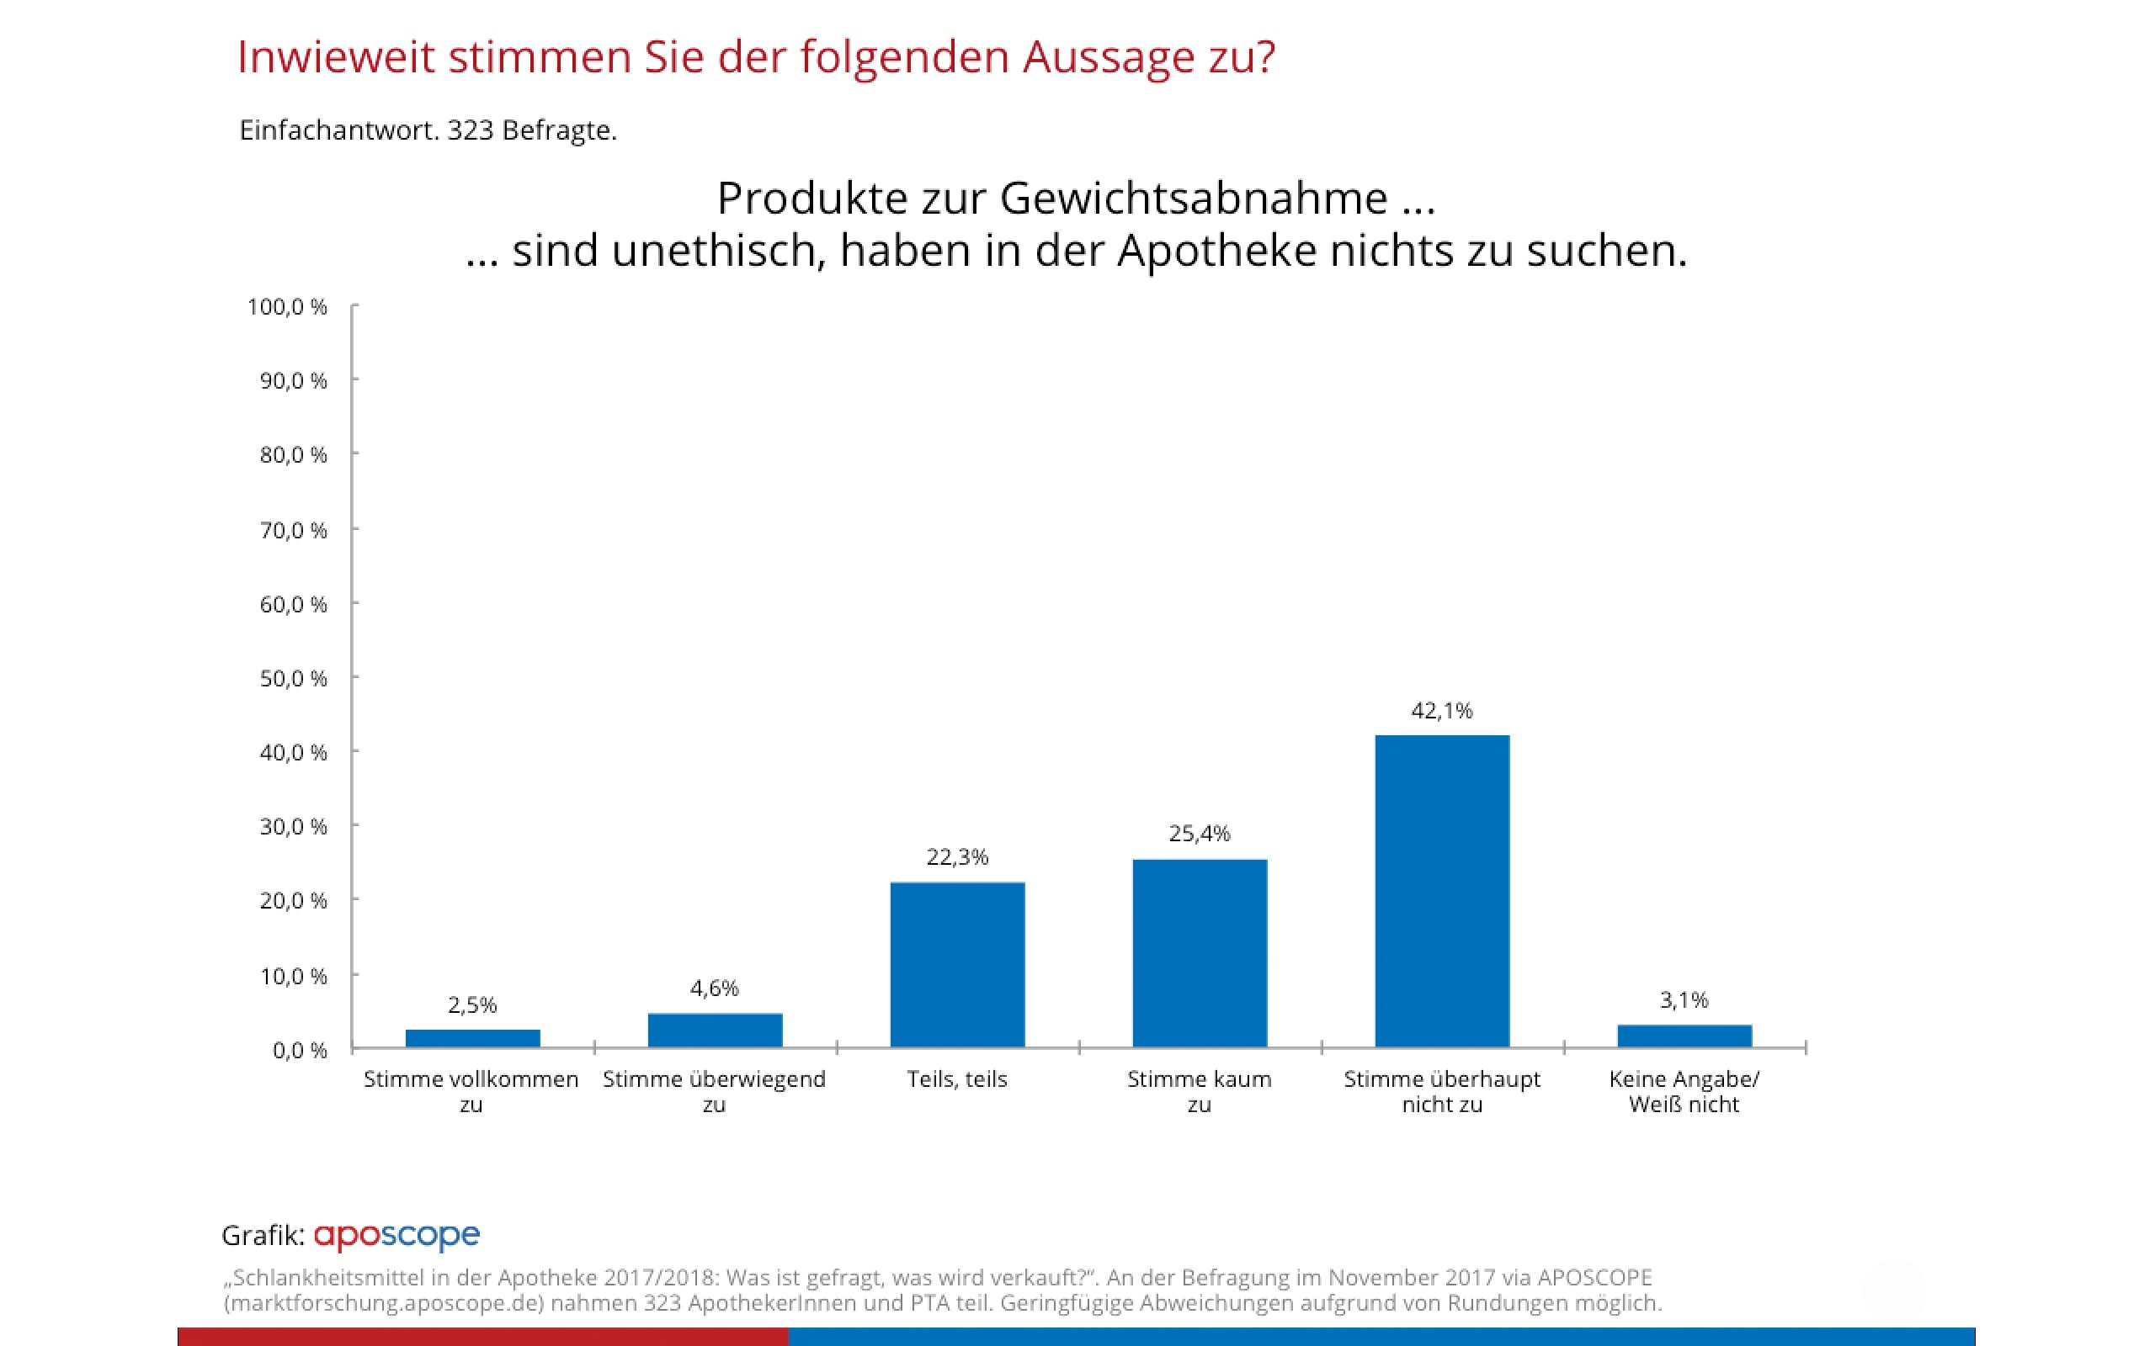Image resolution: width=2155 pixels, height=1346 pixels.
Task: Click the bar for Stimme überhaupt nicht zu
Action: [1442, 890]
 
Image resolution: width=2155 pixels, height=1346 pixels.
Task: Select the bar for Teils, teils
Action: [957, 964]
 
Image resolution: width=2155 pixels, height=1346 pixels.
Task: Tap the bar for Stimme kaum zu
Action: [1200, 952]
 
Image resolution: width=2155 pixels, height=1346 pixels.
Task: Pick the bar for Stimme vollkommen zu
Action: [472, 1038]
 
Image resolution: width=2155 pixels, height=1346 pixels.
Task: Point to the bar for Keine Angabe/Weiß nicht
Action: [1684, 1036]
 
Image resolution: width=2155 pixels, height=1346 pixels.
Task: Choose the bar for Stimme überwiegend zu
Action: [715, 1030]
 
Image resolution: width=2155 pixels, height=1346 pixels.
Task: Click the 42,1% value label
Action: [1442, 710]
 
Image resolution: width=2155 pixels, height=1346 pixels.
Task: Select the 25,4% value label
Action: [1200, 835]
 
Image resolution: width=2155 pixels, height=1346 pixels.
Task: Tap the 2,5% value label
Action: [472, 1005]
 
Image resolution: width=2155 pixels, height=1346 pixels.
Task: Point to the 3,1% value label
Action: [1684, 1000]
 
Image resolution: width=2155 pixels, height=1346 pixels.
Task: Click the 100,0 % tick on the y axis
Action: [287, 307]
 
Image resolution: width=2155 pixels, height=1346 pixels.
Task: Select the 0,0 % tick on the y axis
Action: [299, 1051]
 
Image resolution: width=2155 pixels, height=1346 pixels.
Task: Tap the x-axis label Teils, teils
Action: [957, 1080]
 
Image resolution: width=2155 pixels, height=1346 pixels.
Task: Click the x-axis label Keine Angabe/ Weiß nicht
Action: [1684, 1091]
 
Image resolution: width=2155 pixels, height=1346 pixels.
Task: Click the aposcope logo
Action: [396, 1236]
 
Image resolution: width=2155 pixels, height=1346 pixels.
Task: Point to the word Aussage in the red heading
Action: [1103, 58]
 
